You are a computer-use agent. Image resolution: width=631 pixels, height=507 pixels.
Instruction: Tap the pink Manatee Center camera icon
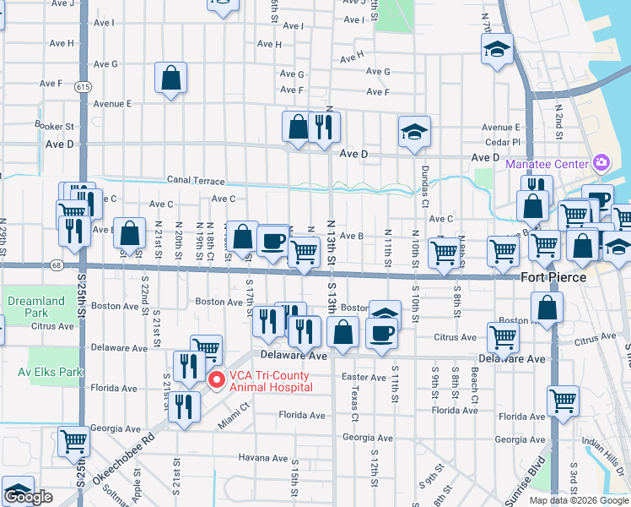pos(601,162)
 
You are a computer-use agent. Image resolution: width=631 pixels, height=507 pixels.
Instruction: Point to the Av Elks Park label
pos(36,371)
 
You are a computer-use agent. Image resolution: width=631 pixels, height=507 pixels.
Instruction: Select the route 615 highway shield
pos(82,86)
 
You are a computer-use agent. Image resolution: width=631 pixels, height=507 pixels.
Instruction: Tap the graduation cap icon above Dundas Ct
pos(414,132)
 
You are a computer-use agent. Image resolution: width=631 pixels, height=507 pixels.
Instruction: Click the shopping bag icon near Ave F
pos(170,79)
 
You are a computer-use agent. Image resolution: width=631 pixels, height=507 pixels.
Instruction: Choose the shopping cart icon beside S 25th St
pos(74,440)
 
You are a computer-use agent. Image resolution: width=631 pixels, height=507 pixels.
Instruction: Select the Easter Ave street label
pos(364,377)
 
